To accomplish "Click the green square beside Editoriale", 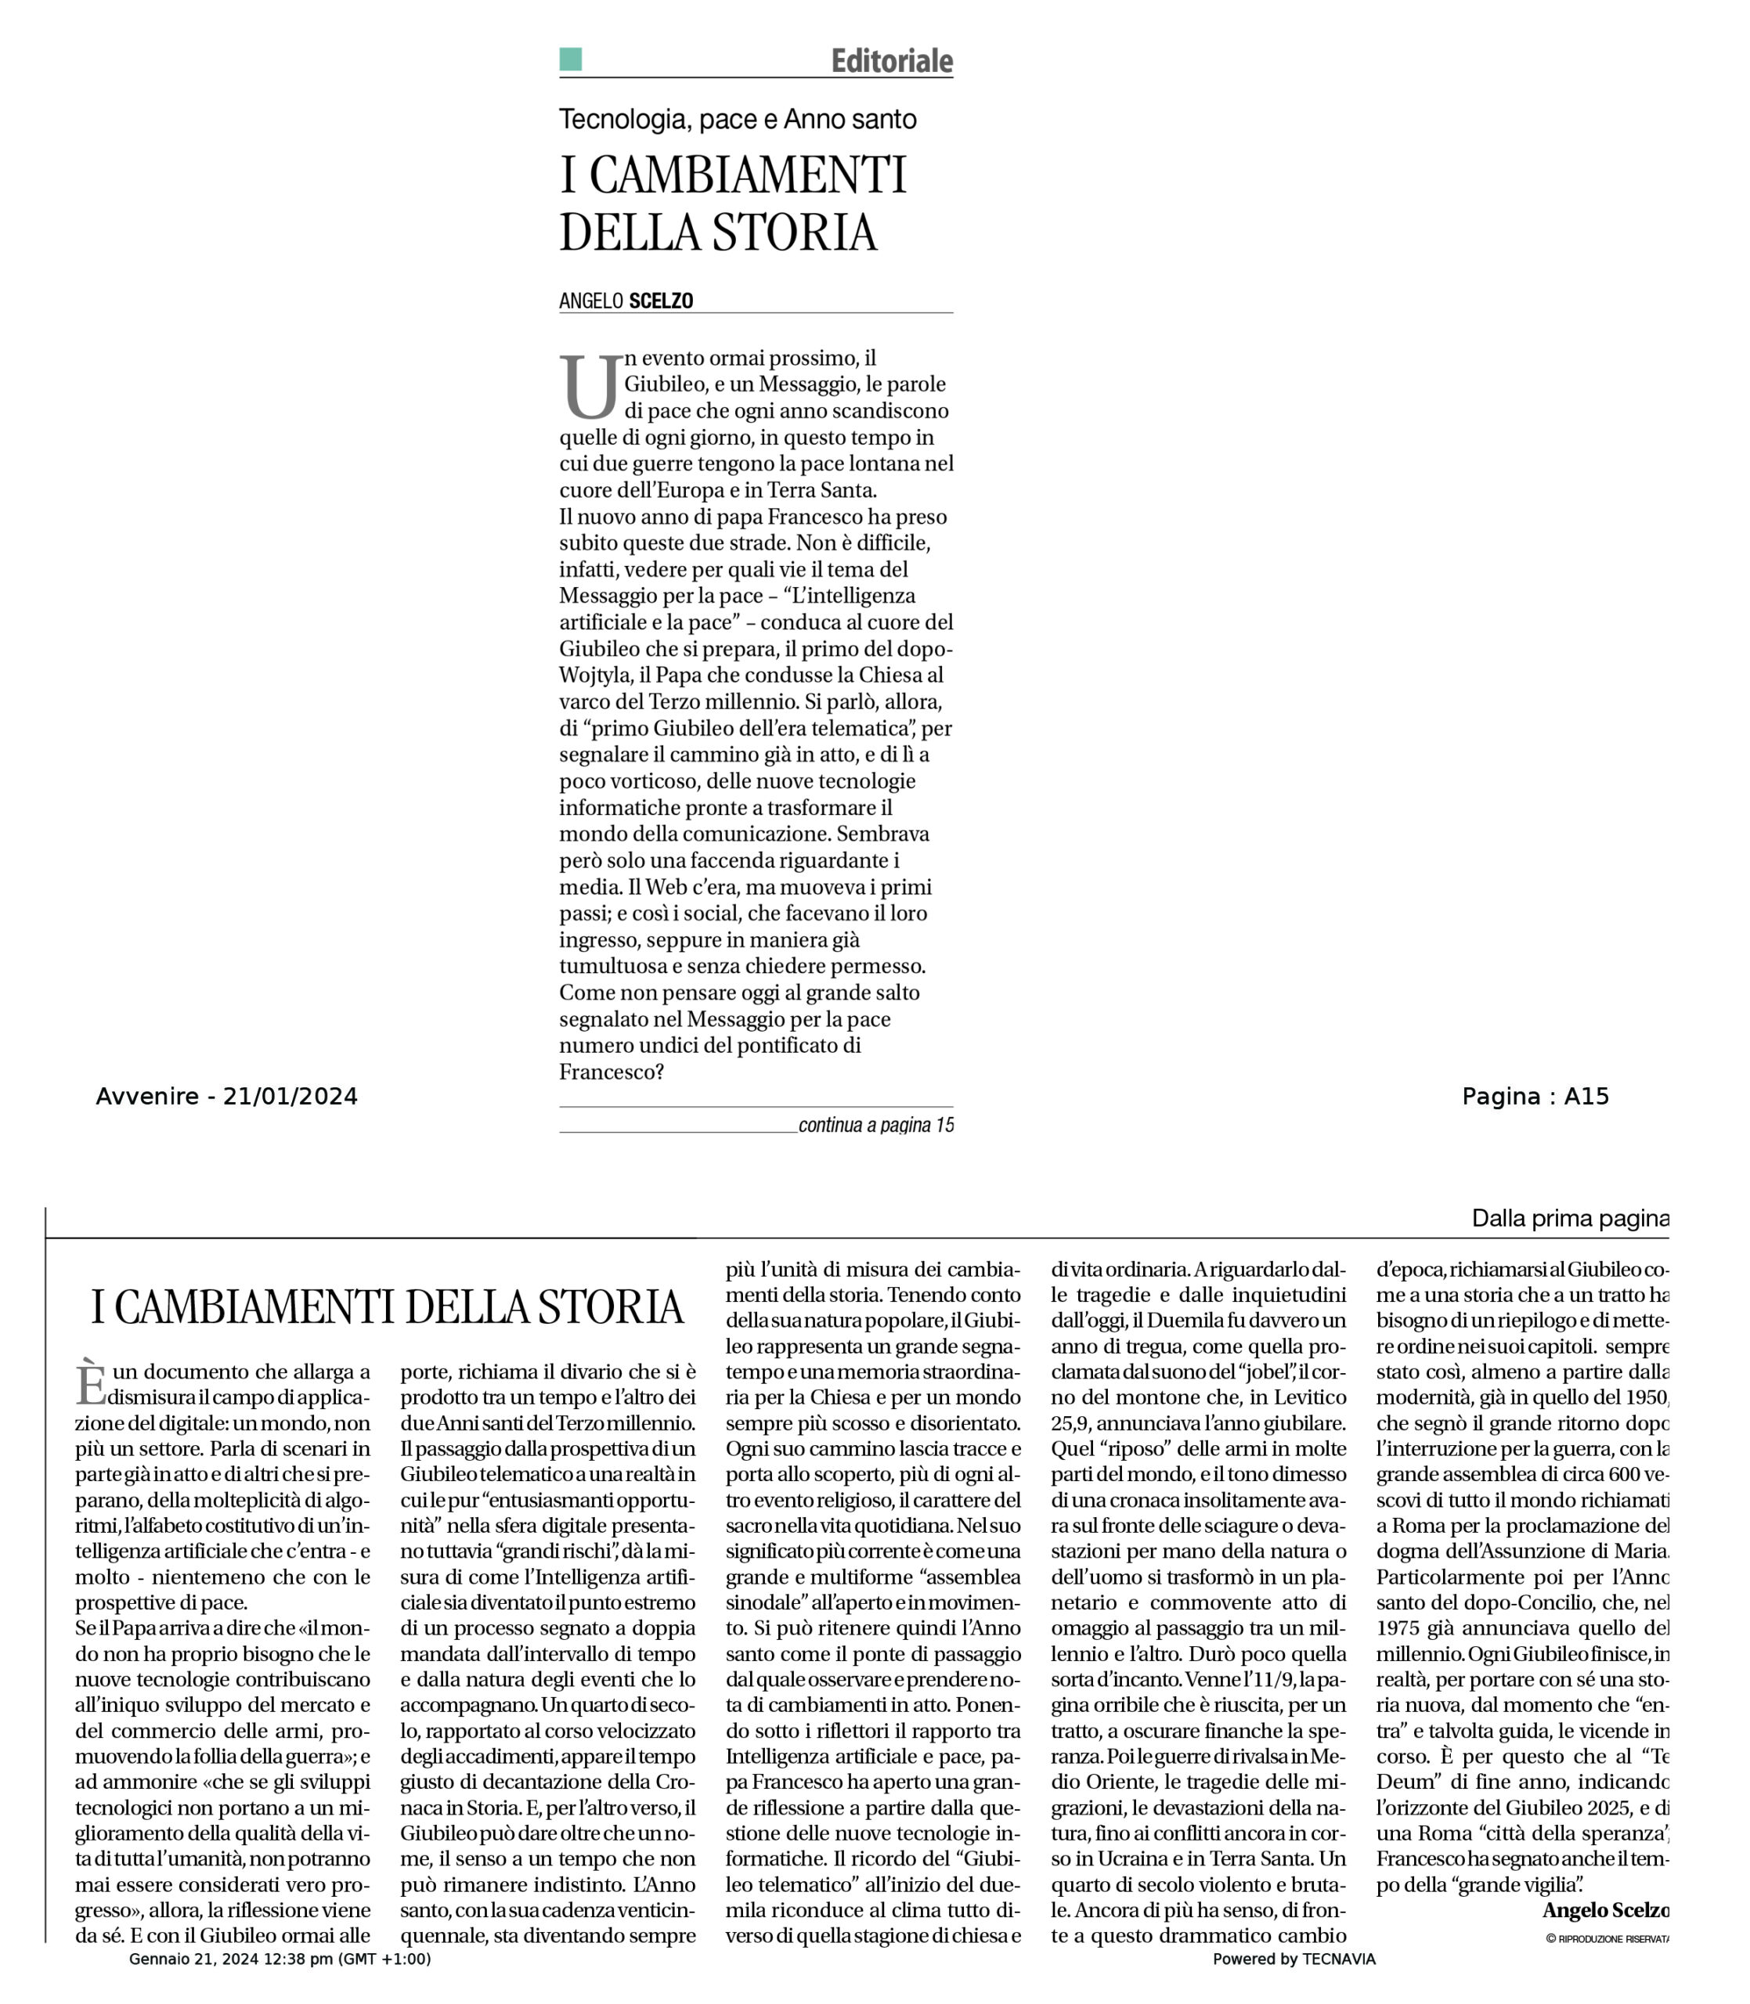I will pyautogui.click(x=570, y=59).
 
